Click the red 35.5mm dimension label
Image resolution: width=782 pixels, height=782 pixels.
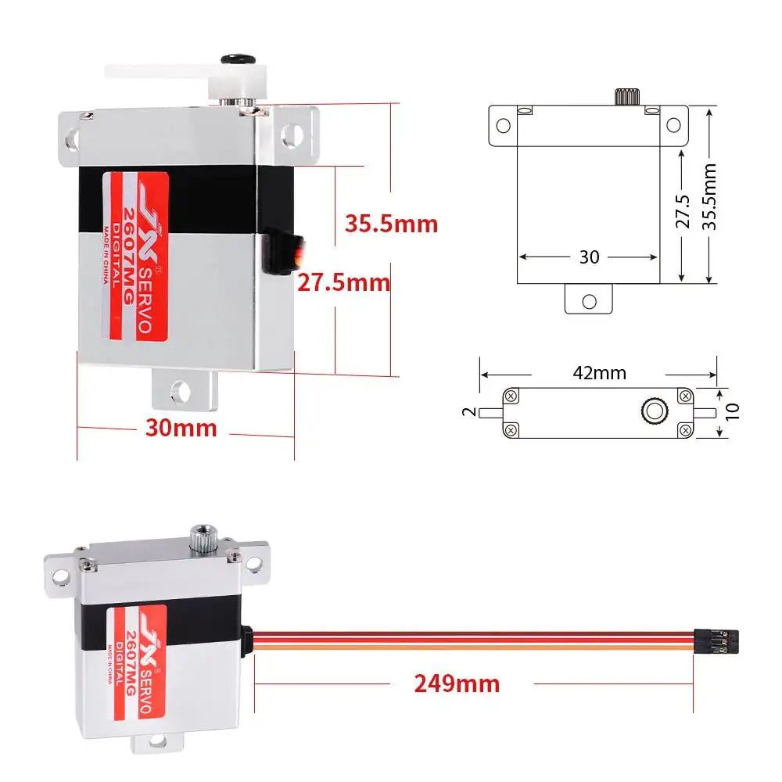pos(391,224)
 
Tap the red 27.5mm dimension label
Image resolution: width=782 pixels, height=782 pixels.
pos(343,282)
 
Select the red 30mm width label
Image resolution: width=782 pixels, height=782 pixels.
pos(181,428)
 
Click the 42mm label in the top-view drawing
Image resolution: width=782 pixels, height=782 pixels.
pos(599,373)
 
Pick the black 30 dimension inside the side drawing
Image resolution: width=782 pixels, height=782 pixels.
pos(589,256)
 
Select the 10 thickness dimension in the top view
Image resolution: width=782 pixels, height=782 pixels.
pos(731,412)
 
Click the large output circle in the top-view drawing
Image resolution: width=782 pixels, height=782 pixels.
pos(652,411)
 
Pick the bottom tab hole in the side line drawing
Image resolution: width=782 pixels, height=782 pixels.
pos(589,300)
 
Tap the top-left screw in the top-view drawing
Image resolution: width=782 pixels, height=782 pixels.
pos(511,395)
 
